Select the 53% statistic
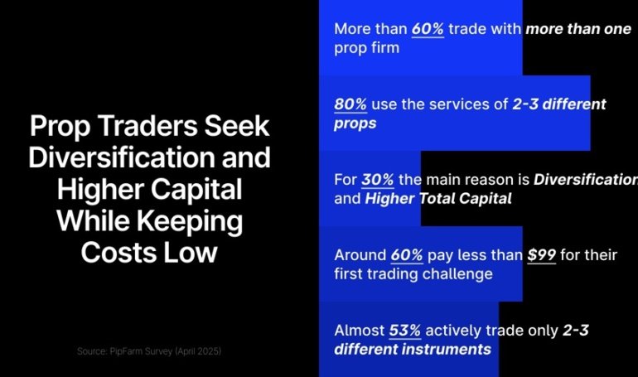tap(405, 330)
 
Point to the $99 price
tap(542, 254)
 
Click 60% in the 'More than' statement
tap(428, 29)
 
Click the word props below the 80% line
tap(355, 123)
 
